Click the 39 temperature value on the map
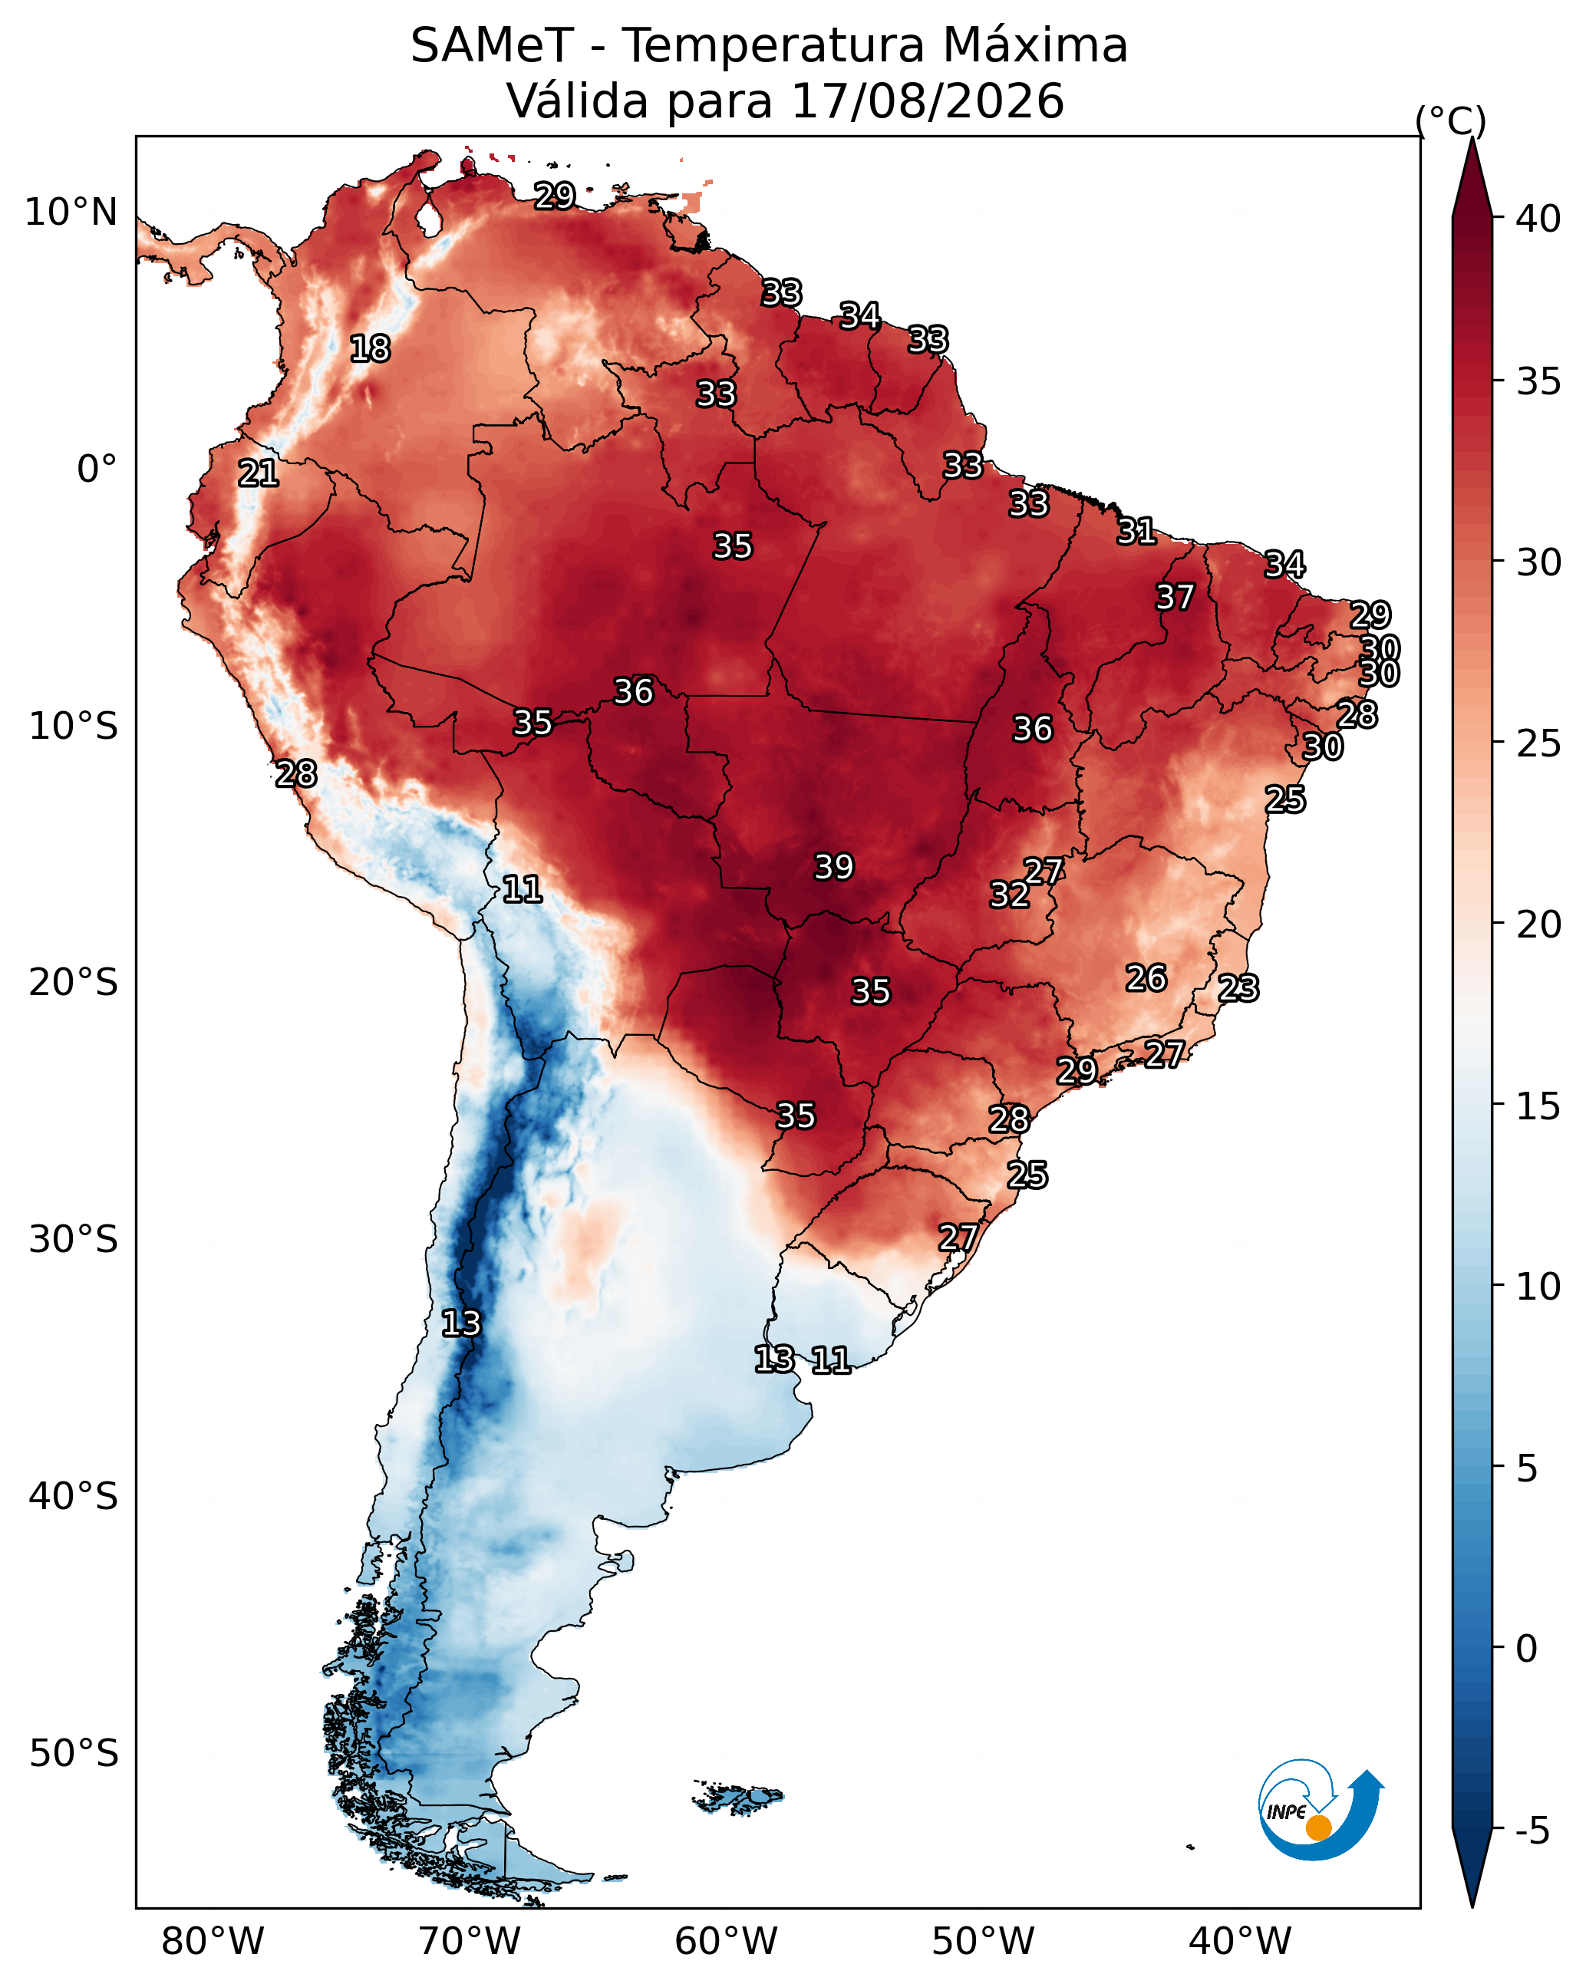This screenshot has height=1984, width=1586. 834,867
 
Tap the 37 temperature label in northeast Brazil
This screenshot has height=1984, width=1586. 1175,597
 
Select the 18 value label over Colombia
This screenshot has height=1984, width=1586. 370,349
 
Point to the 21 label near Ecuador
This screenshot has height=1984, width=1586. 258,473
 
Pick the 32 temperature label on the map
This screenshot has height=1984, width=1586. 1009,895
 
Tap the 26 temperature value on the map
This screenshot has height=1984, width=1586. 1146,978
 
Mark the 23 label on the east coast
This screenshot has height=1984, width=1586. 1238,988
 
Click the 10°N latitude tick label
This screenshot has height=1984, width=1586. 71,213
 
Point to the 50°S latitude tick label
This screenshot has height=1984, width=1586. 74,1753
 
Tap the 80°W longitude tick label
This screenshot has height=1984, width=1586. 213,1941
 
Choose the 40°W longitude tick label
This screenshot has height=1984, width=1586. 1240,1941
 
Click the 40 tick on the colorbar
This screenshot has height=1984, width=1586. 1538,219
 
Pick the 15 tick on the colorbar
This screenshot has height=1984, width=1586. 1538,1106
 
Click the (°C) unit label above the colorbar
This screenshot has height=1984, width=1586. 1451,120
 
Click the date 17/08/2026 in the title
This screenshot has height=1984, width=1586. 927,101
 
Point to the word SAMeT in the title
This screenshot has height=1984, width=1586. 493,46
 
